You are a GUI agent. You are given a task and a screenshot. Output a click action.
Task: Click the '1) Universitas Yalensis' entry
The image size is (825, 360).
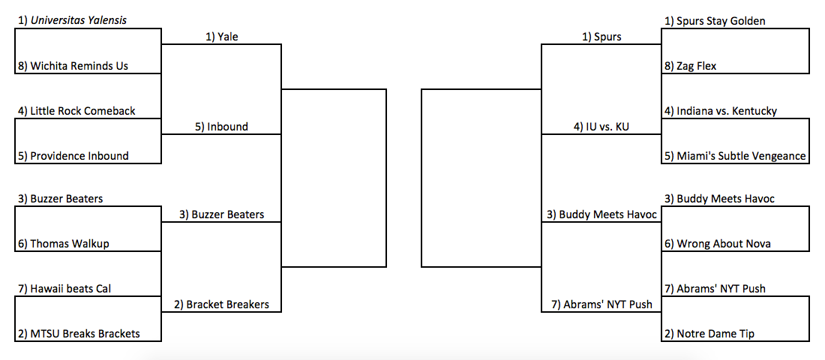tap(71, 21)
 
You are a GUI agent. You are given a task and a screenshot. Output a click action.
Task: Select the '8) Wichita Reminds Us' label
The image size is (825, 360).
tap(72, 66)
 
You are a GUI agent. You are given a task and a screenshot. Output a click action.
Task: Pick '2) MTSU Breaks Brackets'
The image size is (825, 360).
tap(78, 334)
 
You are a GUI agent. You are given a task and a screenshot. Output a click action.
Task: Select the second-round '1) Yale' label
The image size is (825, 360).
tap(222, 37)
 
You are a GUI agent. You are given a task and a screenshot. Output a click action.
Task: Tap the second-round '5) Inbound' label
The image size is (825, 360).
tap(221, 127)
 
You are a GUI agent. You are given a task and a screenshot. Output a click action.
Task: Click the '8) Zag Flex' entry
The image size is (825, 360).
tap(691, 66)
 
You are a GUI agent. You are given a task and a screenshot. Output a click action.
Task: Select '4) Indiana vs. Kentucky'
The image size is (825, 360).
tap(721, 111)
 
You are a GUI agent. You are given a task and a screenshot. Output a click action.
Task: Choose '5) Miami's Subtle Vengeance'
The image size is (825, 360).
tap(735, 156)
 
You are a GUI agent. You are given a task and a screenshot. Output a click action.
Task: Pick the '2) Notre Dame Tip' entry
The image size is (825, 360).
tap(709, 334)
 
